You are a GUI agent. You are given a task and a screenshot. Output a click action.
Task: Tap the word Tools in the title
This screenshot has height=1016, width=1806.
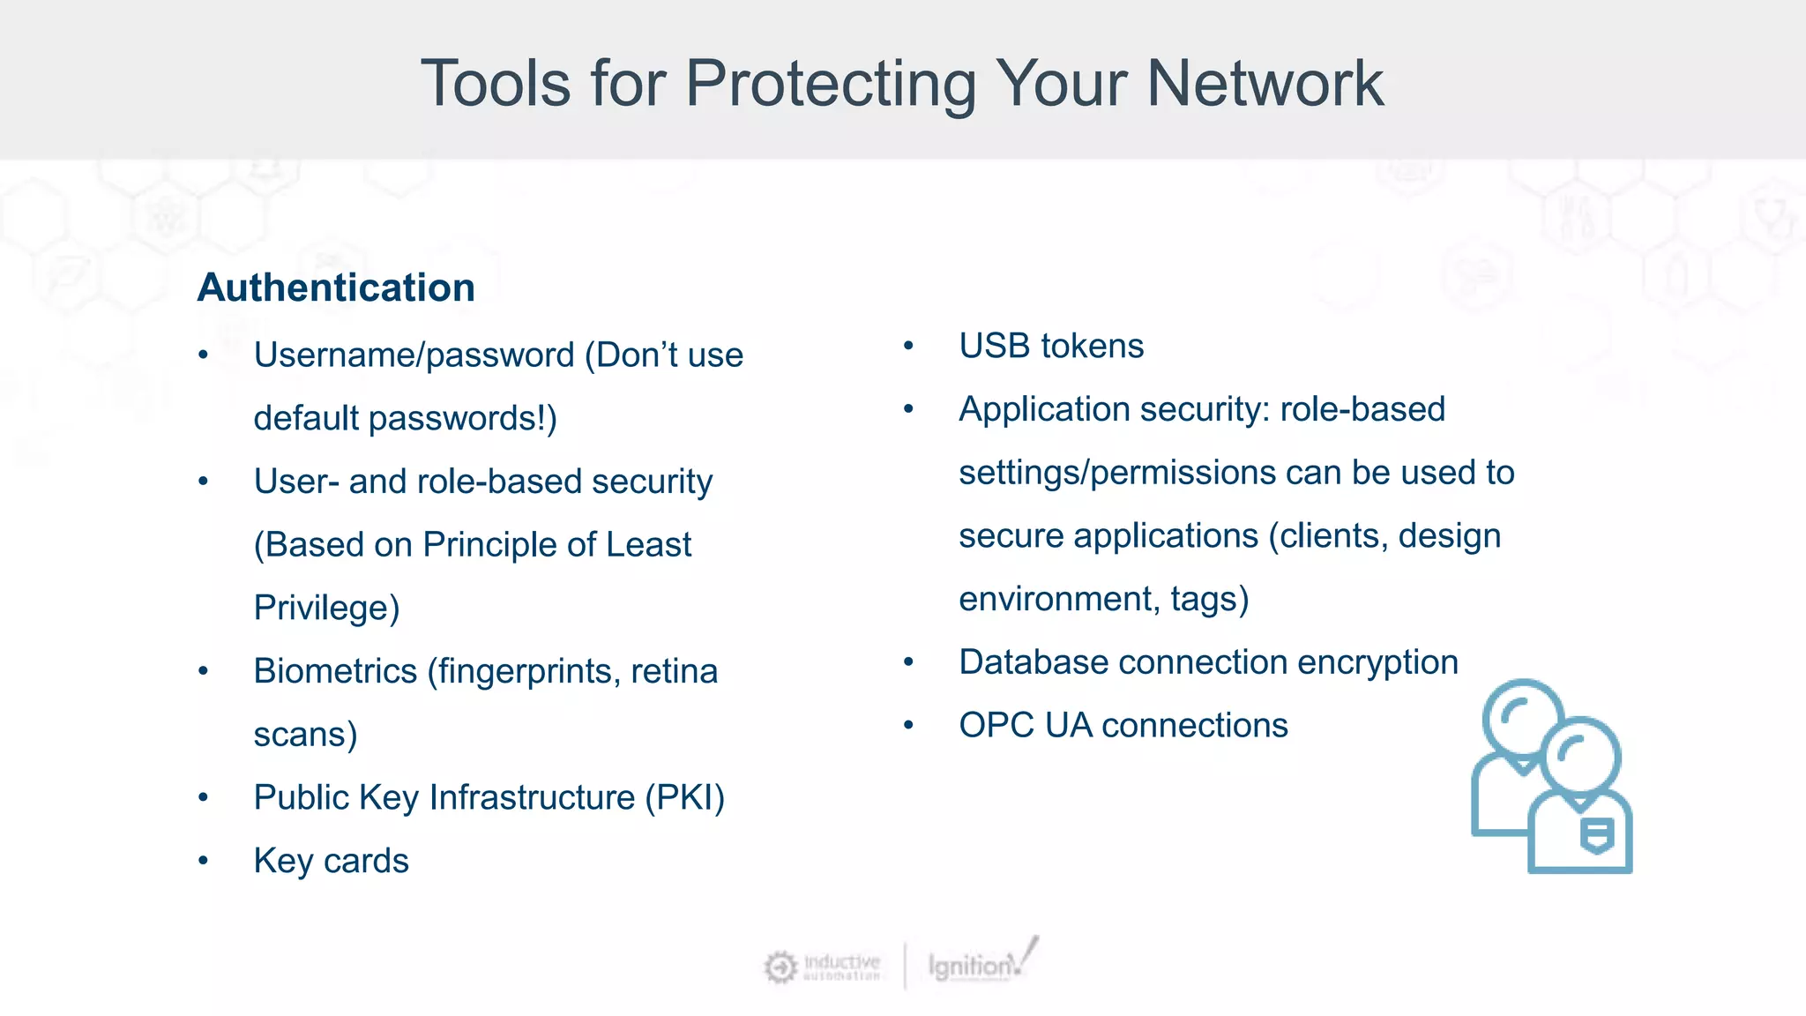(x=496, y=83)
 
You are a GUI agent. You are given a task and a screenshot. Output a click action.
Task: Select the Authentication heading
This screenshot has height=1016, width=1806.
(x=336, y=288)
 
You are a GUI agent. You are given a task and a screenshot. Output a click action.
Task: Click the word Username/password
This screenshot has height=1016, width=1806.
(x=414, y=355)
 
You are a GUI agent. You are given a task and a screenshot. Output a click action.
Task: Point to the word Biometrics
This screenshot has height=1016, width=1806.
(x=335, y=671)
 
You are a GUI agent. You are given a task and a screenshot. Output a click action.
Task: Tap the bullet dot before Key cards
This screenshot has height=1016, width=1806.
(x=204, y=861)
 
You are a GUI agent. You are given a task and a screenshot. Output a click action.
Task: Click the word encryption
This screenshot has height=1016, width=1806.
(x=1377, y=662)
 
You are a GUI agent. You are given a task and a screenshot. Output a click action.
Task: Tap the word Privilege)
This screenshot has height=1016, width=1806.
(x=326, y=609)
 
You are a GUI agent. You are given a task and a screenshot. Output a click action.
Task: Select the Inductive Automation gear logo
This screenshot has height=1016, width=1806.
(x=780, y=967)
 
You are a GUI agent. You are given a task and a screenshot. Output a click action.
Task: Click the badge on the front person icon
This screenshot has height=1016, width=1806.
(x=1596, y=834)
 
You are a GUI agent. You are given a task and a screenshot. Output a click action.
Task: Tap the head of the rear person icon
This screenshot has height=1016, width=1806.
(x=1522, y=716)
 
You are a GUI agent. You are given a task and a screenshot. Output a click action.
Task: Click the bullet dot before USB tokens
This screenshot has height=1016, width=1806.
(x=908, y=347)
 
